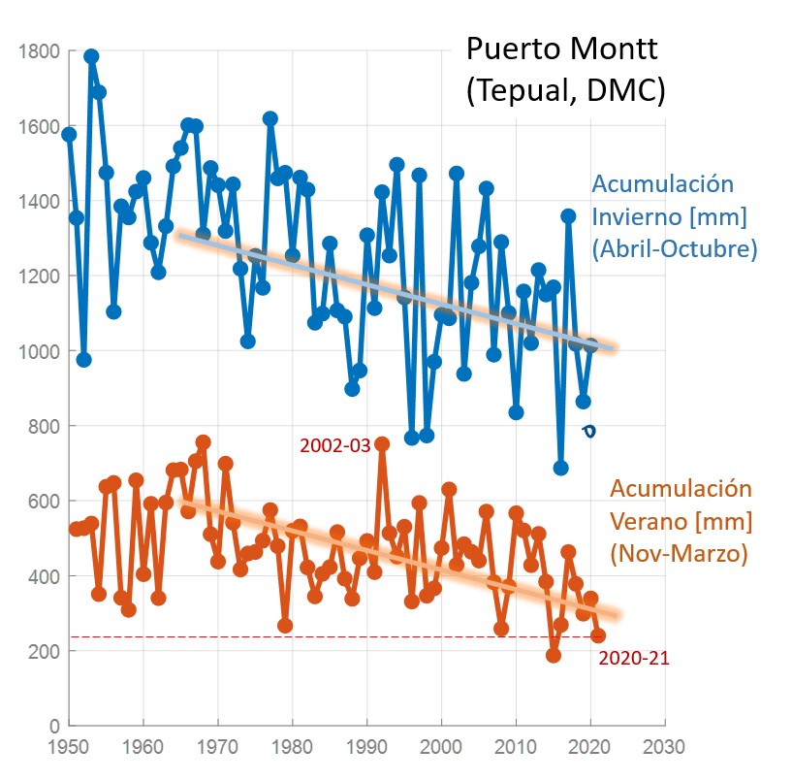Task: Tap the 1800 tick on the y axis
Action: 44,50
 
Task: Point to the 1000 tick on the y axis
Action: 44,351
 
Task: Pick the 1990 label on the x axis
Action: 366,748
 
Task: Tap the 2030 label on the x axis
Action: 665,748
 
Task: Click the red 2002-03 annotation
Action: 334,445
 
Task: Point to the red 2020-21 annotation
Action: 634,659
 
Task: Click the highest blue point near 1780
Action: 91,56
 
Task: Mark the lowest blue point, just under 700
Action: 560,468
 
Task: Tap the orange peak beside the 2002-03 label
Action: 382,443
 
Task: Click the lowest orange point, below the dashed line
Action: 554,655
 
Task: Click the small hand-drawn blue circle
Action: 587,430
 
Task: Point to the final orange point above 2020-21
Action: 598,635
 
